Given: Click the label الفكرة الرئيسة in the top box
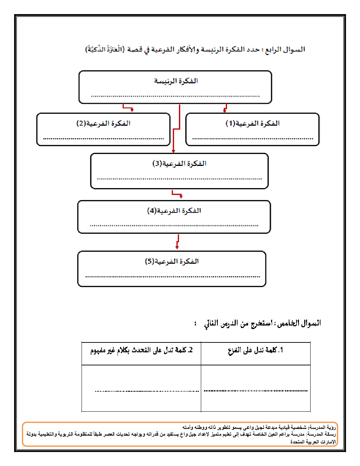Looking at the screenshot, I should [x=176, y=81].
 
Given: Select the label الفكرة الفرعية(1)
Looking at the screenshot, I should [x=253, y=123].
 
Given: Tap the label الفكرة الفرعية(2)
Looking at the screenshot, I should [x=103, y=123].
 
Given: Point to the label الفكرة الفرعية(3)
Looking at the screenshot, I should [x=179, y=163].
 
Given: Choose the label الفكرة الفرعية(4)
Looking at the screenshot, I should [x=174, y=211].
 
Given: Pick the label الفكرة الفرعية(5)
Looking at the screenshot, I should [x=172, y=261].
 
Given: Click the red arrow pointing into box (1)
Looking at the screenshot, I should [x=225, y=108].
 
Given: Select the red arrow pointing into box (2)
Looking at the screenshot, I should [x=128, y=107].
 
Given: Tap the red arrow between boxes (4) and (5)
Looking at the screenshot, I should [x=177, y=242].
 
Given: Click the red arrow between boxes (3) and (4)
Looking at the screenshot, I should [x=177, y=194].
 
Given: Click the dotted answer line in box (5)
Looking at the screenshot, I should [x=173, y=277].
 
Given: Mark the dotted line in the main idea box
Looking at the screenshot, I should [x=175, y=96].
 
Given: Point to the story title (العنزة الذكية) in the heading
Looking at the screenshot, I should [x=105, y=49].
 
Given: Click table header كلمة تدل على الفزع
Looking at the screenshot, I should [x=256, y=350].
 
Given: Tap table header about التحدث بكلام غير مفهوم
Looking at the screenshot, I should [x=141, y=350].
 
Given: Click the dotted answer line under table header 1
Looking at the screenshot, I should [x=256, y=391].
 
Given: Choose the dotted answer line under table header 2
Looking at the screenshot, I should [x=147, y=391].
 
